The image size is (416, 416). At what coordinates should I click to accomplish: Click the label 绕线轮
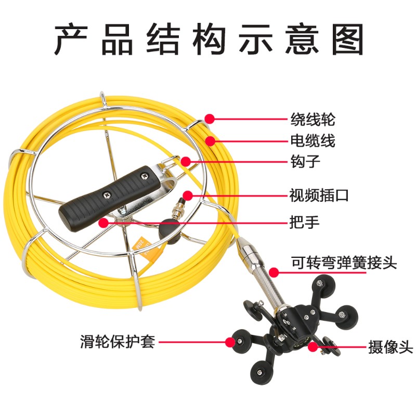click(x=312, y=120)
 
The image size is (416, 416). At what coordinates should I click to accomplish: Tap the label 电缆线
click(x=312, y=140)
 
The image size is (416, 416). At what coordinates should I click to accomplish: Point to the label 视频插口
click(x=319, y=196)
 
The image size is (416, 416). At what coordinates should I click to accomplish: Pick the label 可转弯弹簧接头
click(x=343, y=263)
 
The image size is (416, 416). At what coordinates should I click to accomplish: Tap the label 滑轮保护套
click(x=118, y=342)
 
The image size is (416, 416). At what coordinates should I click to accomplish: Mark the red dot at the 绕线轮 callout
click(x=210, y=119)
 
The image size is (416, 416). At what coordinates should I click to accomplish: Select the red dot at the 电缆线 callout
click(x=210, y=140)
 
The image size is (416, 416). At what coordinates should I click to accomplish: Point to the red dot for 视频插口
click(x=188, y=196)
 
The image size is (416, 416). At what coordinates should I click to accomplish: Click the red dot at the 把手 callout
click(x=103, y=223)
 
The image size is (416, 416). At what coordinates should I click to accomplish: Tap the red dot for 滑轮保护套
click(x=230, y=342)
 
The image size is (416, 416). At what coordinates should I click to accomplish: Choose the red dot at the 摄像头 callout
click(x=314, y=345)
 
